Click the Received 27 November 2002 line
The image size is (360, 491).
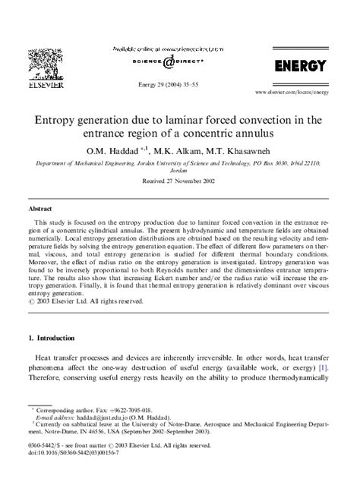(179, 181)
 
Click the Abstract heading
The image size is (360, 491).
(39, 207)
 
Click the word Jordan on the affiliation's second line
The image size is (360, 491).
(179, 172)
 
